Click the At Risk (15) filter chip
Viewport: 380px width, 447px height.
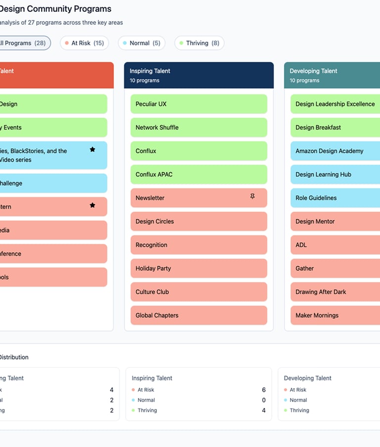click(84, 43)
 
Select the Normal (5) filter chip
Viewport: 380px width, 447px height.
click(142, 43)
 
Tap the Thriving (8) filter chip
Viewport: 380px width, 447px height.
click(199, 43)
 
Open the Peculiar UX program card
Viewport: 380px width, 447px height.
click(198, 104)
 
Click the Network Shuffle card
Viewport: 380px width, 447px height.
click(198, 128)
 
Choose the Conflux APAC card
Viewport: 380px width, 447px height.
click(198, 175)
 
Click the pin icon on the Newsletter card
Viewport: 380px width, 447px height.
click(252, 197)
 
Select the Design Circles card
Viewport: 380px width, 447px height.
click(198, 222)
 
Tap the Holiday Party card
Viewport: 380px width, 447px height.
click(198, 268)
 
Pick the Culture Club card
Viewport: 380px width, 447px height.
click(198, 292)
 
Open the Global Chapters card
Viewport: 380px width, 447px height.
click(198, 315)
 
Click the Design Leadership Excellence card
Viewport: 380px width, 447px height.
click(335, 104)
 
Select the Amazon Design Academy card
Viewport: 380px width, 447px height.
click(335, 151)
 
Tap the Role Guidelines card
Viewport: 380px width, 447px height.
click(335, 198)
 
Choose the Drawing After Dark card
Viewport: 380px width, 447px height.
click(335, 292)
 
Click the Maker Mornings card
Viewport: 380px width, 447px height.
click(335, 315)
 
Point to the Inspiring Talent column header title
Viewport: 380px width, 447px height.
click(150, 71)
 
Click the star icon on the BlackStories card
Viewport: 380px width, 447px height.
click(93, 149)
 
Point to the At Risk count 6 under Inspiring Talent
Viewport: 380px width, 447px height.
click(264, 390)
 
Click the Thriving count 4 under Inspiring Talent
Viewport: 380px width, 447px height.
click(264, 410)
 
